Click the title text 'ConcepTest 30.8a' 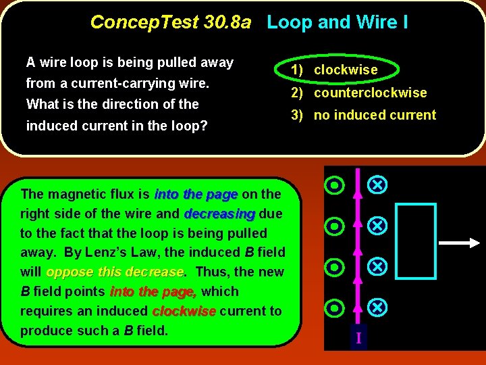tap(170, 22)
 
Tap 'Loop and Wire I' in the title tap(337, 22)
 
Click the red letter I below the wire tap(359, 337)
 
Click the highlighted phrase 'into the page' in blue tap(196, 194)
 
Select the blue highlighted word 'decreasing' tap(219, 214)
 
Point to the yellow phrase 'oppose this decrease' tap(115, 272)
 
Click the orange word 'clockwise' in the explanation tap(184, 311)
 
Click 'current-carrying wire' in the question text tap(133, 84)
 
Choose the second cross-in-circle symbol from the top tap(379, 226)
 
